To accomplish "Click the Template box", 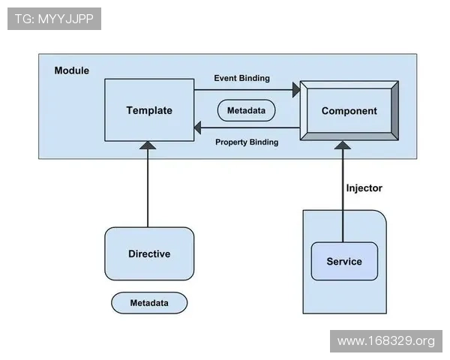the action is point(149,110).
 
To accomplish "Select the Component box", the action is point(349,111).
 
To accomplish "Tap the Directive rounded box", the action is point(149,253).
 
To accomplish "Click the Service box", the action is point(344,261).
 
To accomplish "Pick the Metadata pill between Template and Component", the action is point(246,110).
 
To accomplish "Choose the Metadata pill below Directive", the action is point(149,303).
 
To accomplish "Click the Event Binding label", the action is point(242,78).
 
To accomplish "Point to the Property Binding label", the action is point(247,142).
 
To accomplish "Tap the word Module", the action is point(72,70).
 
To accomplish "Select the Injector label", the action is point(364,188).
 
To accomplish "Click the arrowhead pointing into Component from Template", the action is point(296,90).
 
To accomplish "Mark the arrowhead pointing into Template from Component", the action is point(198,127).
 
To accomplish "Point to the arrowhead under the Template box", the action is point(148,145).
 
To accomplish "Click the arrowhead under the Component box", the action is point(343,145).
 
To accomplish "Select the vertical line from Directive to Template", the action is point(148,188).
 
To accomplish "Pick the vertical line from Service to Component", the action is point(343,196).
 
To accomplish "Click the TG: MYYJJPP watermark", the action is point(54,19).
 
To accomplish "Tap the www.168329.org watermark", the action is point(386,341).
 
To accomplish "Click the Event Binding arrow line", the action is point(243,90).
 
